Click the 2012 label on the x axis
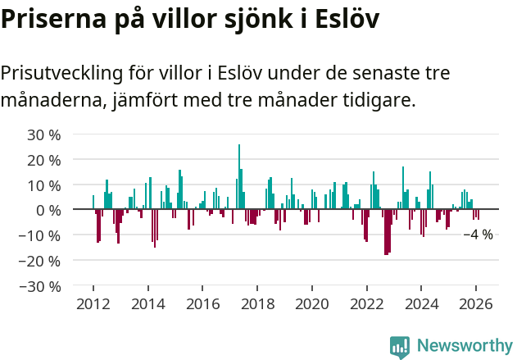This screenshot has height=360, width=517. [93, 303]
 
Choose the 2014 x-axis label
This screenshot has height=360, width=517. [147, 303]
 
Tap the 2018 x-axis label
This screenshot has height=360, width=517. [257, 303]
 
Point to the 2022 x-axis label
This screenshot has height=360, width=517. [367, 303]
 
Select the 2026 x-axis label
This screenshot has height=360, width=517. [476, 303]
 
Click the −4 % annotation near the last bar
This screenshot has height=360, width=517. [478, 235]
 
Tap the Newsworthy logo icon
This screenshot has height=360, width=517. [400, 346]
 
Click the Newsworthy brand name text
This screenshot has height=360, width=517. [464, 346]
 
